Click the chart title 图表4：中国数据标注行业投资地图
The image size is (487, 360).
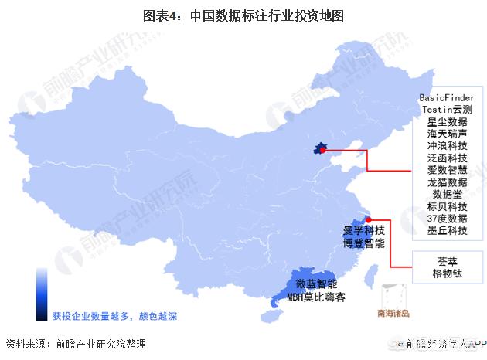click(243, 15)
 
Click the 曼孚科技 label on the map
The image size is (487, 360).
click(363, 230)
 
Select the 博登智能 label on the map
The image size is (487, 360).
click(363, 243)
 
